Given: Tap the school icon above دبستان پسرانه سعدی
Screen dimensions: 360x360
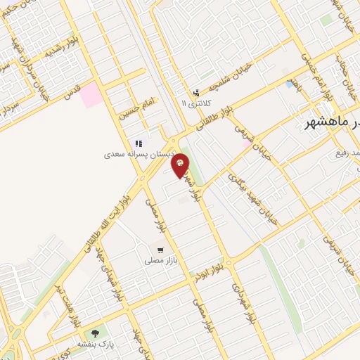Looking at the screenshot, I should point(139,143).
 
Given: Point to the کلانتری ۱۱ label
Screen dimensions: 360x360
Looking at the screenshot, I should point(195,103).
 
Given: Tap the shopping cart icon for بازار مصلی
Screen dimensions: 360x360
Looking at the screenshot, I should point(161,250).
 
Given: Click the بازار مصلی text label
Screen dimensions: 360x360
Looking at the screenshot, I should point(159,260).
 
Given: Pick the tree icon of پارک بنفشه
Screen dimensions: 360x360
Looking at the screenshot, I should point(95,333).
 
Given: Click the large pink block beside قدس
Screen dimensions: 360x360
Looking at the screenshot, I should point(91,95).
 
